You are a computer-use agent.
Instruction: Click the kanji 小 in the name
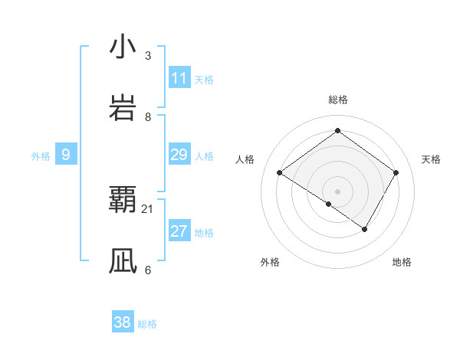(x=123, y=47)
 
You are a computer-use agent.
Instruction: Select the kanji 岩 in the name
(x=123, y=108)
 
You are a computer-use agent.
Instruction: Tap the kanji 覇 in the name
(x=123, y=200)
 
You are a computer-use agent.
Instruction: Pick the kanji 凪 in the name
(x=123, y=261)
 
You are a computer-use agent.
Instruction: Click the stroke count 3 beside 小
(x=148, y=55)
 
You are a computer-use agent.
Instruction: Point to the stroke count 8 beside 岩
(x=148, y=116)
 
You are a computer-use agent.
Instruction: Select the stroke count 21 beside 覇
(x=148, y=208)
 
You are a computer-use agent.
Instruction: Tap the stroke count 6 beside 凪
(x=148, y=270)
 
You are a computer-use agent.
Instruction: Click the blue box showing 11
(x=179, y=78)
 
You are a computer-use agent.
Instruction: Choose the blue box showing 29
(x=179, y=155)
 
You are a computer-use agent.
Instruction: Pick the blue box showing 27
(x=179, y=231)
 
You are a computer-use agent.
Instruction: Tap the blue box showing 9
(x=66, y=155)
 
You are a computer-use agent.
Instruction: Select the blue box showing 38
(x=122, y=322)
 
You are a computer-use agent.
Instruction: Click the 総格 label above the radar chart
(x=338, y=100)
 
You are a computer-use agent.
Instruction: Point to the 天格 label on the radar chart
(x=432, y=159)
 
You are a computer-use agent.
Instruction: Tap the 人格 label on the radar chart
(x=245, y=159)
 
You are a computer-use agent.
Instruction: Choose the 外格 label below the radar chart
(x=270, y=263)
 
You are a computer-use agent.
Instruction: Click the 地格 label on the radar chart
(x=402, y=263)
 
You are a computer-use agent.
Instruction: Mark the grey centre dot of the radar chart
(x=338, y=191)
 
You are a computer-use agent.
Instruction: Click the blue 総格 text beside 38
(x=147, y=324)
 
